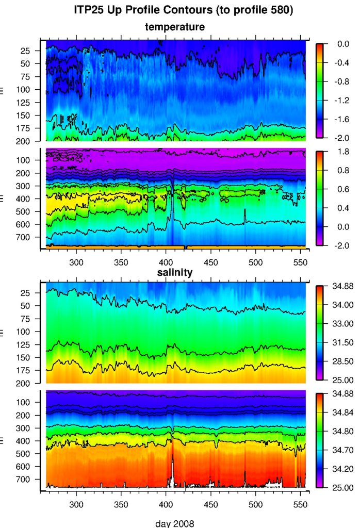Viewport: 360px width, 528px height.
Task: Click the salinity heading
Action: (175, 273)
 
